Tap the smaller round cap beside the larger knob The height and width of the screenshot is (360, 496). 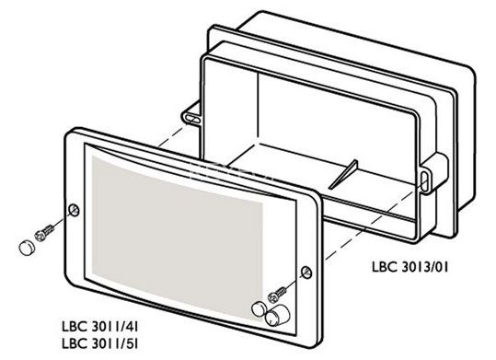(257, 308)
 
